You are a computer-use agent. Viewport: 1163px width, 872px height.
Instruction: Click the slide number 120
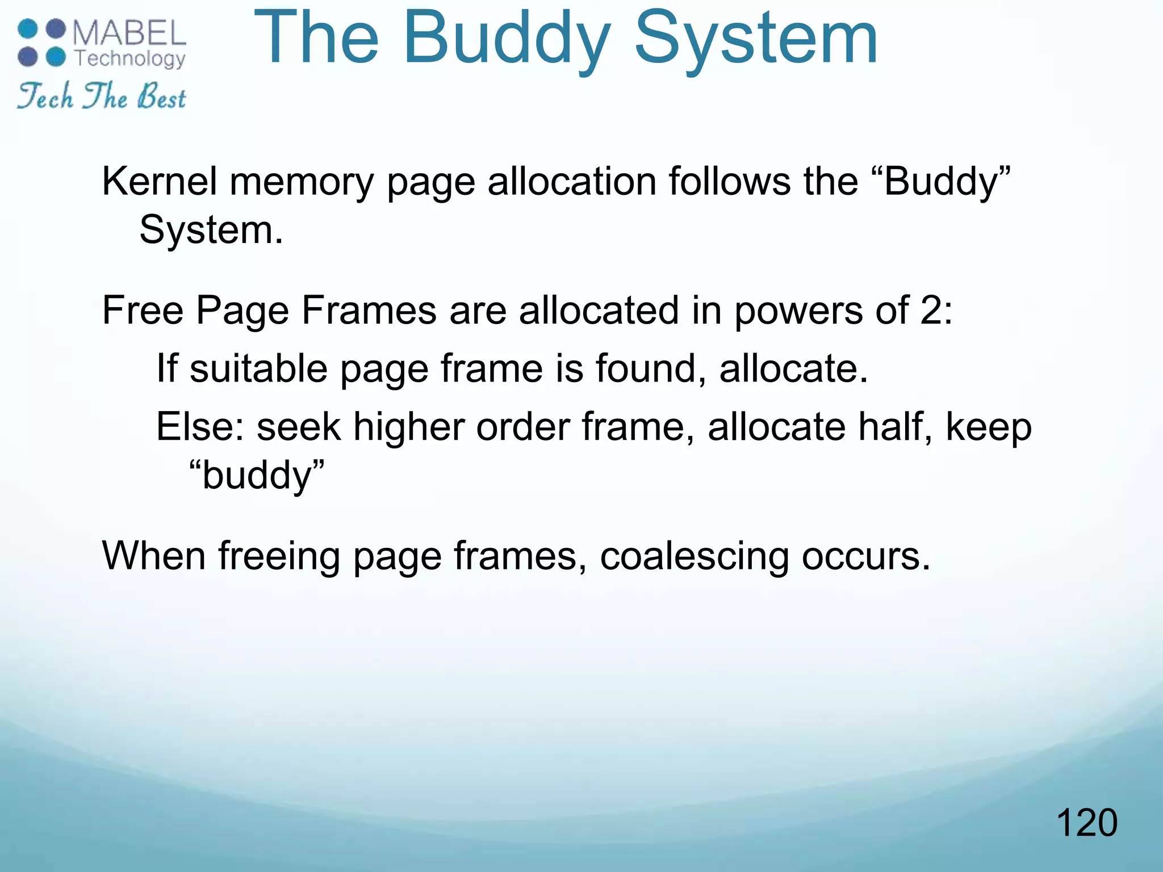point(1086,823)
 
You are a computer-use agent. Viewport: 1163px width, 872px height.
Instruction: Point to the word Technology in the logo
point(130,58)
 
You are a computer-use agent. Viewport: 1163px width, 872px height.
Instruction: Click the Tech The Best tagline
point(102,96)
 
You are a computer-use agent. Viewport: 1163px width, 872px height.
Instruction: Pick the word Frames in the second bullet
point(369,311)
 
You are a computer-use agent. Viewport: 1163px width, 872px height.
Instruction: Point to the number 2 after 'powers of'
point(931,311)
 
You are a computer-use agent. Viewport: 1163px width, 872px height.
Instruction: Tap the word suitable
point(258,368)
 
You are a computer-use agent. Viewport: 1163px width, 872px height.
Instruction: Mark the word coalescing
point(695,556)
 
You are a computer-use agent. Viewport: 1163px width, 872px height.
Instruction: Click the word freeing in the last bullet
point(279,556)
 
